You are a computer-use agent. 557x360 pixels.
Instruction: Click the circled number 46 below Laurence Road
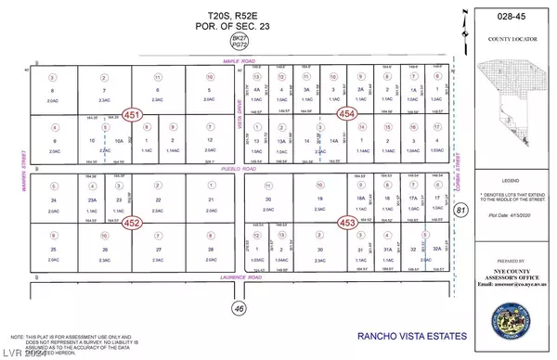[238, 307]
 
